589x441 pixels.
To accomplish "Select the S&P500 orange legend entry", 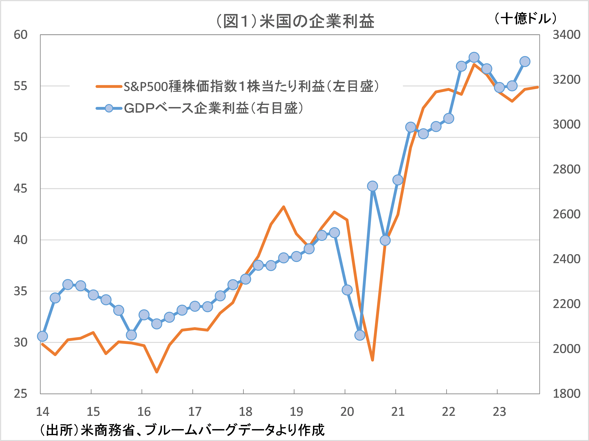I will click(x=237, y=86).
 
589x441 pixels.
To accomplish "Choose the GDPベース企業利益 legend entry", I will click(x=200, y=108).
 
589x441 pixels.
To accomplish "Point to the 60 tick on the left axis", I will click(x=21, y=35).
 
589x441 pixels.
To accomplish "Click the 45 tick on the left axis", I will click(x=21, y=189).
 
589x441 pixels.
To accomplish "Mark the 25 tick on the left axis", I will click(x=21, y=394).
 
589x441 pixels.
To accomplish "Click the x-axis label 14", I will click(x=43, y=412).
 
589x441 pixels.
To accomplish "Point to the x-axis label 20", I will click(x=347, y=412).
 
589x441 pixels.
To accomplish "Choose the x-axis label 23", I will click(x=500, y=412).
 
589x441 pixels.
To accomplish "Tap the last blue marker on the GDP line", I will click(x=525, y=62).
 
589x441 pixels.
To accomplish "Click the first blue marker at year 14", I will click(x=43, y=336).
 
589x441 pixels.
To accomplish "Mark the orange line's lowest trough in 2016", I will click(x=157, y=372).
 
